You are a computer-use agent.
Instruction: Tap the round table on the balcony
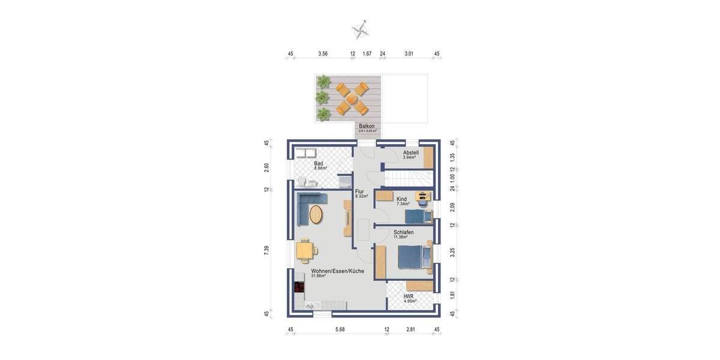(x=352, y=99)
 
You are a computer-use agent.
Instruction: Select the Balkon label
(x=367, y=127)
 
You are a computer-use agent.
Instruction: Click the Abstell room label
(x=411, y=154)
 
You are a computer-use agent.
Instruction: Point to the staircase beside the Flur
(x=409, y=178)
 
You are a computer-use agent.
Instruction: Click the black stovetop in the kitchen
(x=299, y=287)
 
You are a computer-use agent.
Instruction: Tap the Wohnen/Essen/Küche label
(x=337, y=272)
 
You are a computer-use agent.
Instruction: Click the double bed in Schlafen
(x=414, y=258)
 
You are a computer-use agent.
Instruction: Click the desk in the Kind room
(x=423, y=196)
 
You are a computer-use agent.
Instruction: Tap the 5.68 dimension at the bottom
(x=340, y=329)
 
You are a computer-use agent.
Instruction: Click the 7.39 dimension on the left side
(x=266, y=250)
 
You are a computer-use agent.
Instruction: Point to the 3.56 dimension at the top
(x=323, y=53)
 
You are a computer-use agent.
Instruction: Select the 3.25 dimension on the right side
(x=454, y=253)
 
